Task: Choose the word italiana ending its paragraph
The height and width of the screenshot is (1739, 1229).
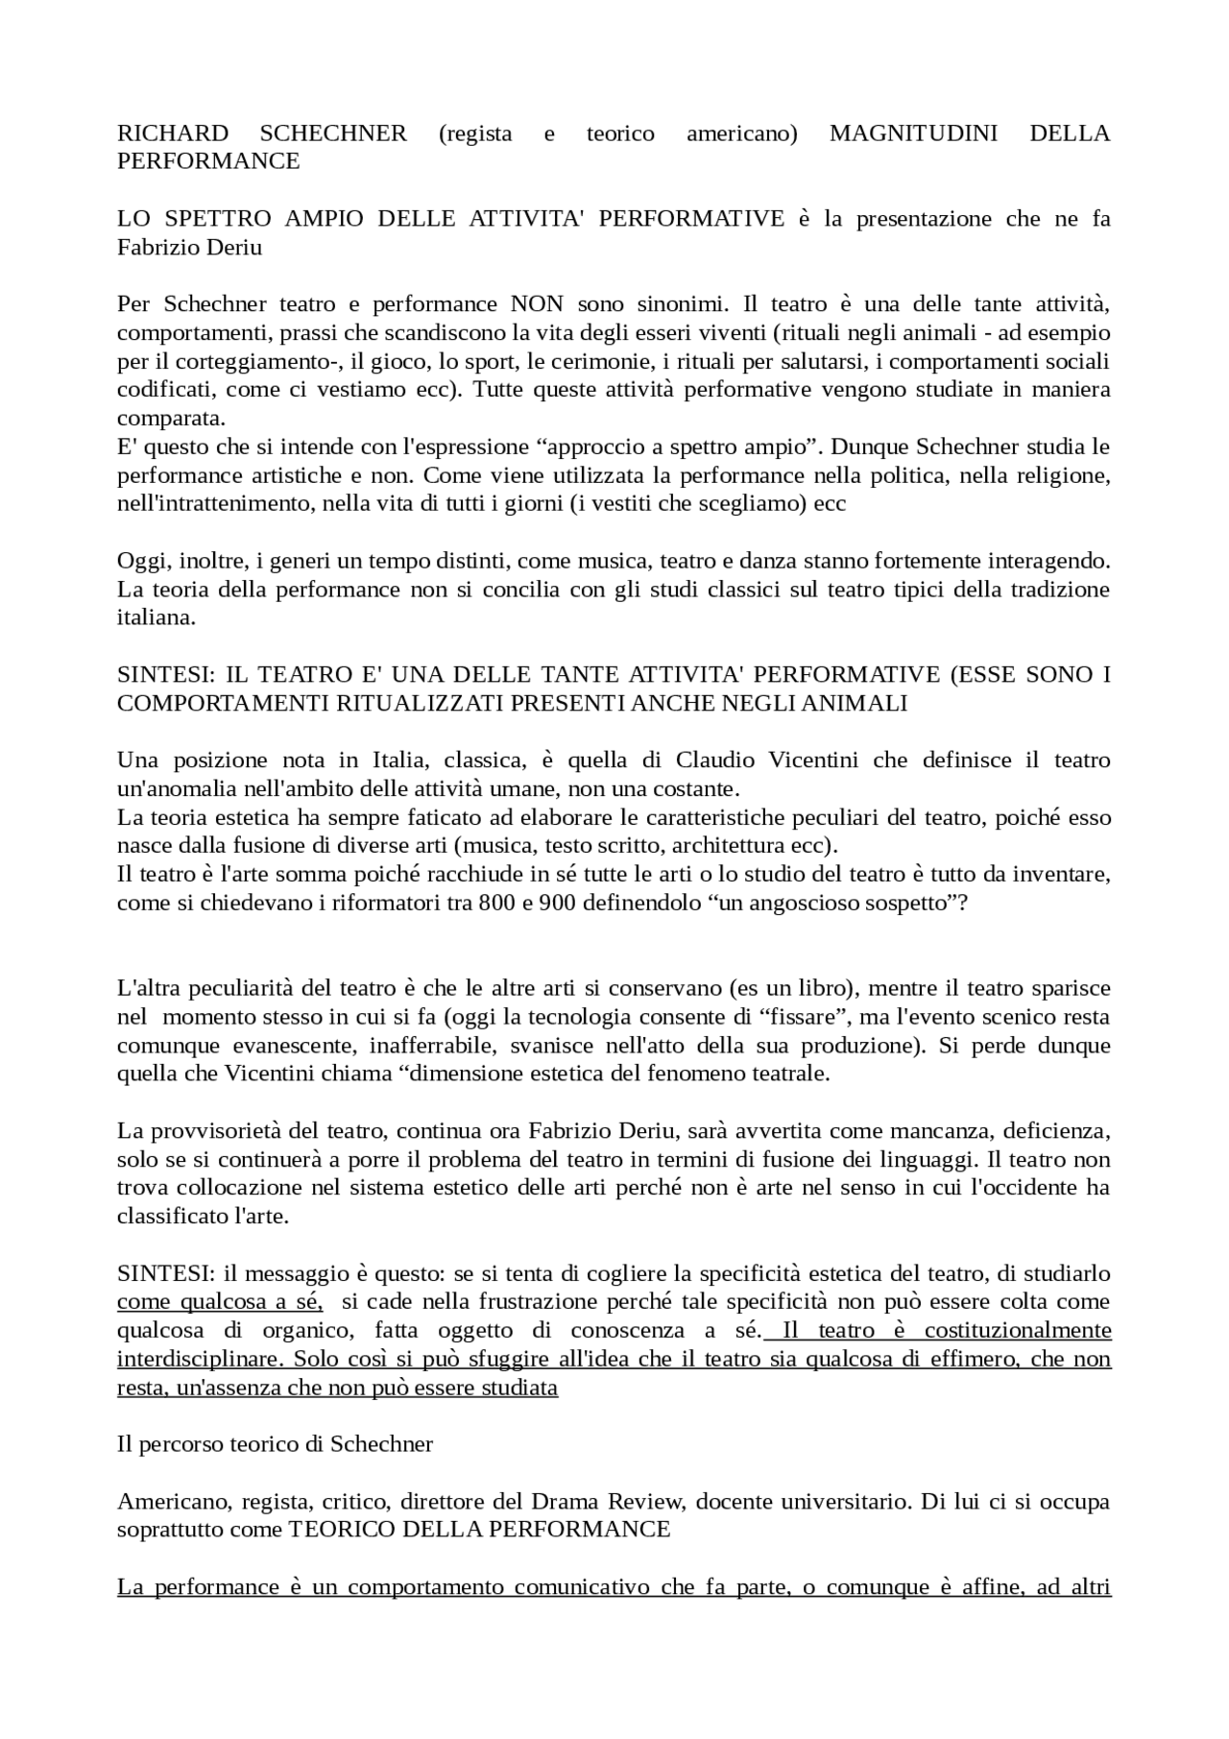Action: (156, 618)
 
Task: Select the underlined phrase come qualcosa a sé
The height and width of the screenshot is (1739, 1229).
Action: (219, 1303)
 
